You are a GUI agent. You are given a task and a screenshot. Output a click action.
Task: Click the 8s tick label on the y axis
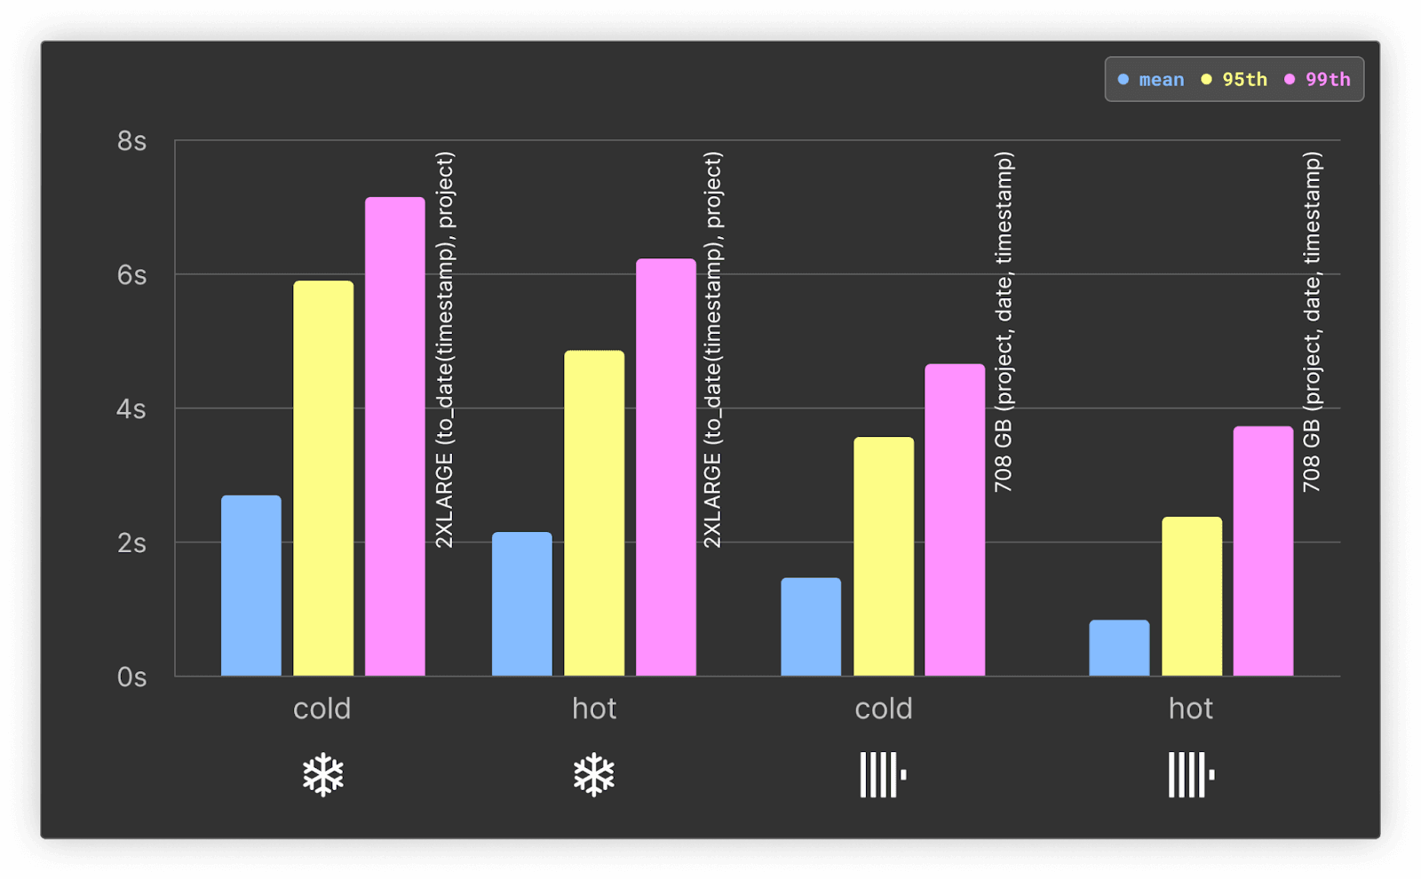pyautogui.click(x=131, y=141)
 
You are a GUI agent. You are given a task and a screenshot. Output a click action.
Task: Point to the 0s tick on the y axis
pyautogui.click(x=131, y=677)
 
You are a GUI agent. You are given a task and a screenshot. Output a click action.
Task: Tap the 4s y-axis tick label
pyautogui.click(x=131, y=409)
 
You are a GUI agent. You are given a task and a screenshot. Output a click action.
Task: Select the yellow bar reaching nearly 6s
pyautogui.click(x=323, y=479)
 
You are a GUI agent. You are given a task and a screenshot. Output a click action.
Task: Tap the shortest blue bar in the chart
pyautogui.click(x=1119, y=648)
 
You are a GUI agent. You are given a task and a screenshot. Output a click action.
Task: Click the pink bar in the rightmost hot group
pyautogui.click(x=1263, y=551)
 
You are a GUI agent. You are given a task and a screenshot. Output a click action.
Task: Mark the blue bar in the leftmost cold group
pyautogui.click(x=251, y=586)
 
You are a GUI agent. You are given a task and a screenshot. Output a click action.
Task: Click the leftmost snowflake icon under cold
pyautogui.click(x=323, y=775)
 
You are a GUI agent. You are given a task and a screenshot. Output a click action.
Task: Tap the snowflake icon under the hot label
pyautogui.click(x=594, y=775)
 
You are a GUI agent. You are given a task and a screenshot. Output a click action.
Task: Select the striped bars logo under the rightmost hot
pyautogui.click(x=1191, y=775)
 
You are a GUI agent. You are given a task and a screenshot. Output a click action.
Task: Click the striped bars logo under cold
pyautogui.click(x=883, y=775)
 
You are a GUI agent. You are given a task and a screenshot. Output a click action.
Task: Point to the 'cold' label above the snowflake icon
pyautogui.click(x=322, y=709)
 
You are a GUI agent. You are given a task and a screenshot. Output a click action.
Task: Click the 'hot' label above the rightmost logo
pyautogui.click(x=1191, y=709)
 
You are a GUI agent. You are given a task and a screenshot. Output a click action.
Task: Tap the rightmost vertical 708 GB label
pyautogui.click(x=1312, y=321)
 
